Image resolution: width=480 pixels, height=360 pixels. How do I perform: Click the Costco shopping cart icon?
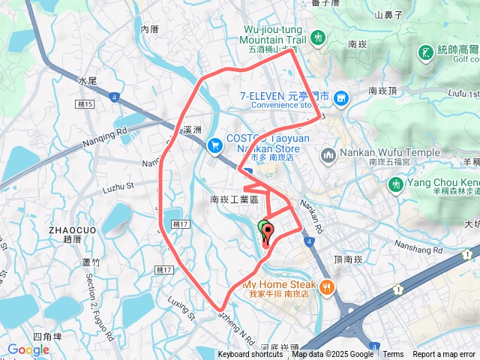(x=215, y=142)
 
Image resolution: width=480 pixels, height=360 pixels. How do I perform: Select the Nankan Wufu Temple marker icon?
(x=328, y=155)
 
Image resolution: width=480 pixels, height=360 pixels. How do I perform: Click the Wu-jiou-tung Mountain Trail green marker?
(x=317, y=36)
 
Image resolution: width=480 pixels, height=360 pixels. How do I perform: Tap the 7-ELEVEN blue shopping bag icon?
(x=341, y=97)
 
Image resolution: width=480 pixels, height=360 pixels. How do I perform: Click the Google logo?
(x=28, y=349)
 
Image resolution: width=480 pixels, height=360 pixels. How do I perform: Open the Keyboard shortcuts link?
(x=250, y=355)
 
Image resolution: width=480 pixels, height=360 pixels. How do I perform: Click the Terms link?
(x=393, y=355)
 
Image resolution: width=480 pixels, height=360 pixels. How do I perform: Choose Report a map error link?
(x=445, y=355)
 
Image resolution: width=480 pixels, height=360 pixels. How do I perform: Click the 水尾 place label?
(x=88, y=80)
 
